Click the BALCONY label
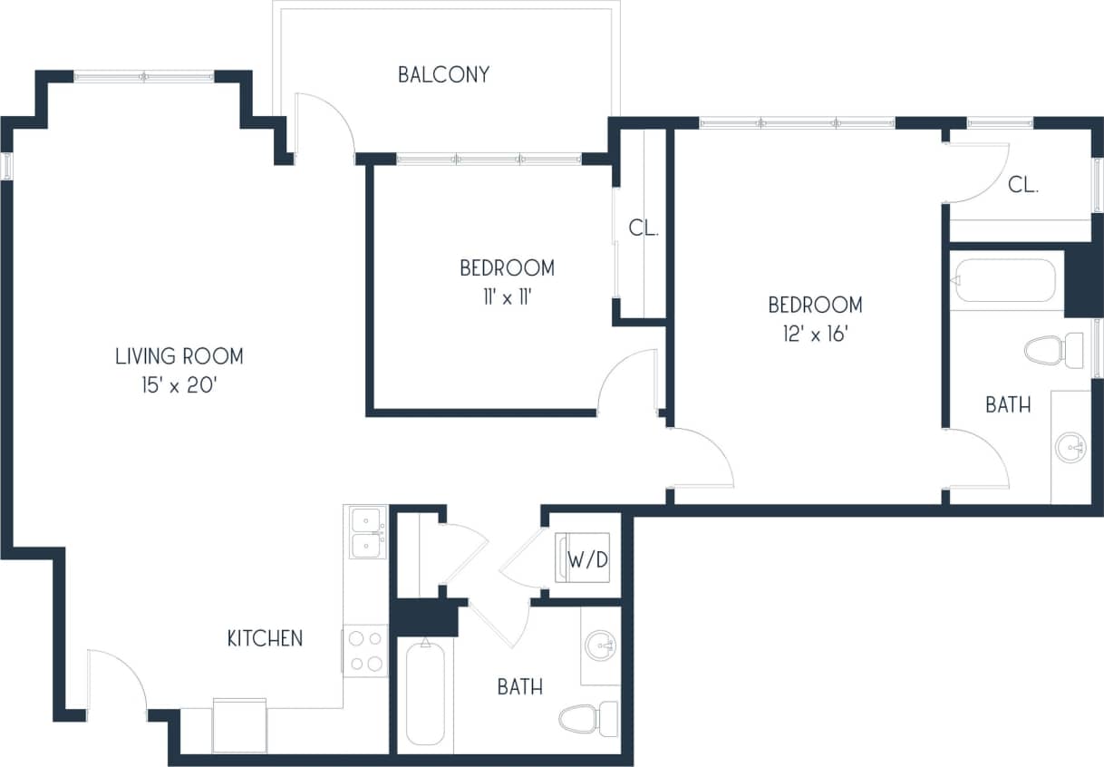point(443,74)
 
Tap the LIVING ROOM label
point(179,356)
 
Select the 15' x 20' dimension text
point(179,385)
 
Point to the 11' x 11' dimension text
point(507,296)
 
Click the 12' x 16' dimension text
point(815,333)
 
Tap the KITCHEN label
point(265,638)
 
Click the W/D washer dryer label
point(587,560)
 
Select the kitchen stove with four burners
point(365,650)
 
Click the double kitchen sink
point(366,532)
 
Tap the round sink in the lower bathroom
point(599,647)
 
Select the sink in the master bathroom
point(1072,447)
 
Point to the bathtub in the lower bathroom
point(424,693)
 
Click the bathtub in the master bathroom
point(1004,282)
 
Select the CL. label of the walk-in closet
point(1023,186)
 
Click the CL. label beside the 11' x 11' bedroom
point(644,228)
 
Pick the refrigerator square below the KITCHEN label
point(239,725)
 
